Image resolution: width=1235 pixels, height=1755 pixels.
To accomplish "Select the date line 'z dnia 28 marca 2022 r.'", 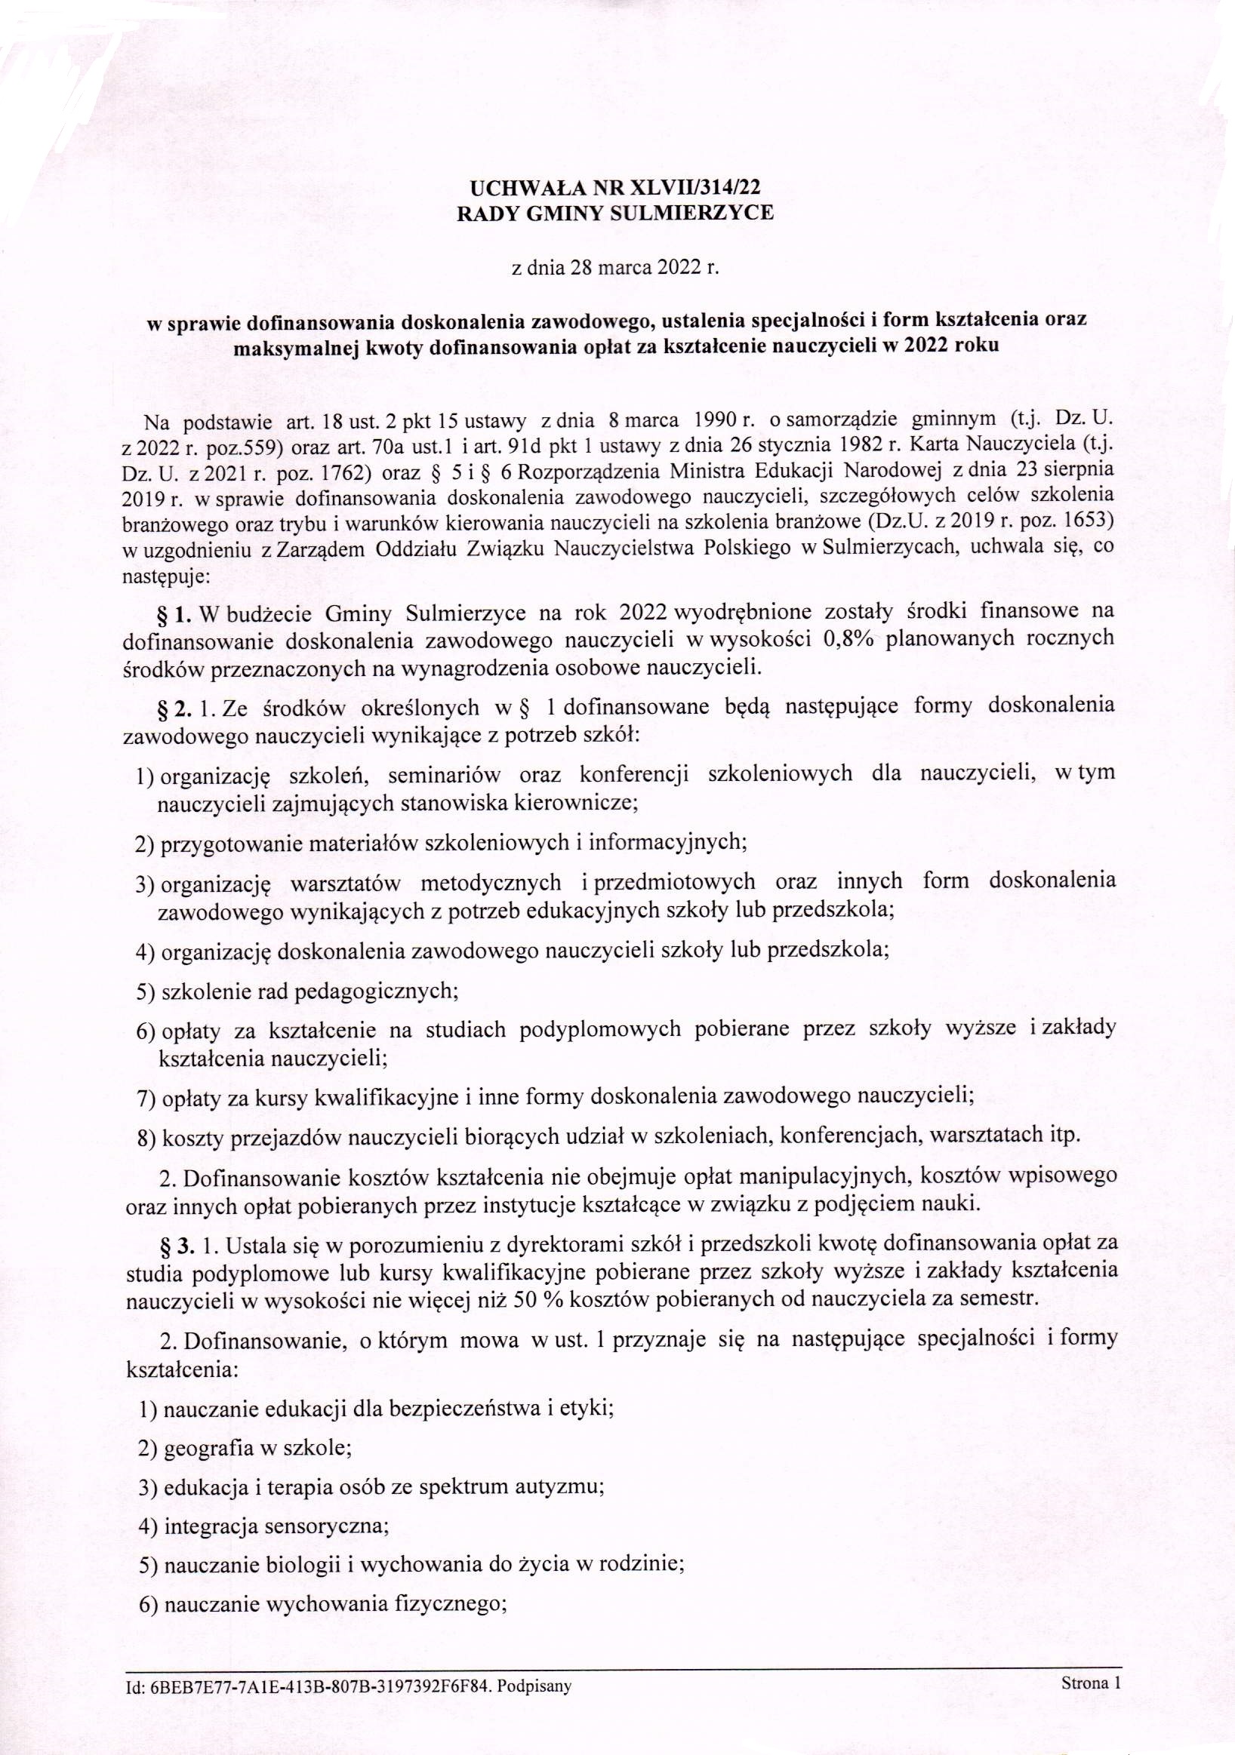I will [x=615, y=269].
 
